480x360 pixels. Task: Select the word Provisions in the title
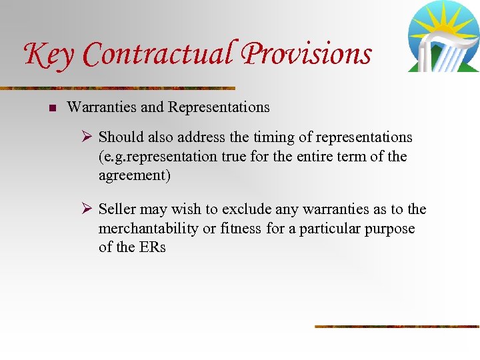[307, 53]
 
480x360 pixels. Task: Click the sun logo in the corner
[443, 36]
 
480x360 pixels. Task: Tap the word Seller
[117, 209]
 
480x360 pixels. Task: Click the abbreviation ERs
[151, 247]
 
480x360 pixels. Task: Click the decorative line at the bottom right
[397, 326]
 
